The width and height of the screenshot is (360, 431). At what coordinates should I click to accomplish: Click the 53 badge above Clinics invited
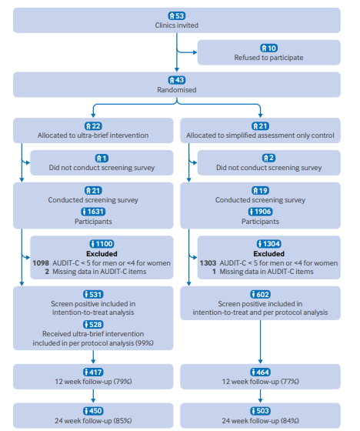177,16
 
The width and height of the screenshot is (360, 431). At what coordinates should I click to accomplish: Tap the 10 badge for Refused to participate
268,48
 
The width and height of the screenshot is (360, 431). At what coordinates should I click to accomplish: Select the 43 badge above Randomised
177,80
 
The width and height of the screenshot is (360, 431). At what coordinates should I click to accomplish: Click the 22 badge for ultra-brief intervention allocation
93,126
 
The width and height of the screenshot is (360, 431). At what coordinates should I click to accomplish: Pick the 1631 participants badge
93,212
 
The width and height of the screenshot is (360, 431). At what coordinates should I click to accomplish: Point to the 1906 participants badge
260,212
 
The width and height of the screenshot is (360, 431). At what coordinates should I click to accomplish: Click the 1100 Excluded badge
102,243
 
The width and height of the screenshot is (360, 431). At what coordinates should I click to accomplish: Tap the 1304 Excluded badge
268,243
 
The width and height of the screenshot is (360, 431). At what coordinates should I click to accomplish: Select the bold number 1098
41,263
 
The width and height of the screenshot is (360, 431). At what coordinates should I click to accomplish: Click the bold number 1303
208,263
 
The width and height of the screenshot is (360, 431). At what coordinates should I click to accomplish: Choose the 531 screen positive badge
93,294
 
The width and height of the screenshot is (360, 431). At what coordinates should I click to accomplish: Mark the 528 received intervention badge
93,324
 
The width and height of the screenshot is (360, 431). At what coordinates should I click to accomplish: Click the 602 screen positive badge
260,294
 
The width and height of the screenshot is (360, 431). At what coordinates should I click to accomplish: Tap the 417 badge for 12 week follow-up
93,373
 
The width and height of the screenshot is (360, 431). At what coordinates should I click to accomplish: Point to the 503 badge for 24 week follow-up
260,411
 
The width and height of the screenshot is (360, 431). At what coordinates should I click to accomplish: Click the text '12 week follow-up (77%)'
260,382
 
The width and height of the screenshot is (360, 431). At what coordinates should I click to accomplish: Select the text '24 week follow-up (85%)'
93,420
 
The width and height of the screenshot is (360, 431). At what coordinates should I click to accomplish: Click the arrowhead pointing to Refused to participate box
195,52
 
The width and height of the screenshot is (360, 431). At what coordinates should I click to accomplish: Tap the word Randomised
177,90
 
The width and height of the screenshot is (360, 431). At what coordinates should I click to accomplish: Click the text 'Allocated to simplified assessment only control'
260,135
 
